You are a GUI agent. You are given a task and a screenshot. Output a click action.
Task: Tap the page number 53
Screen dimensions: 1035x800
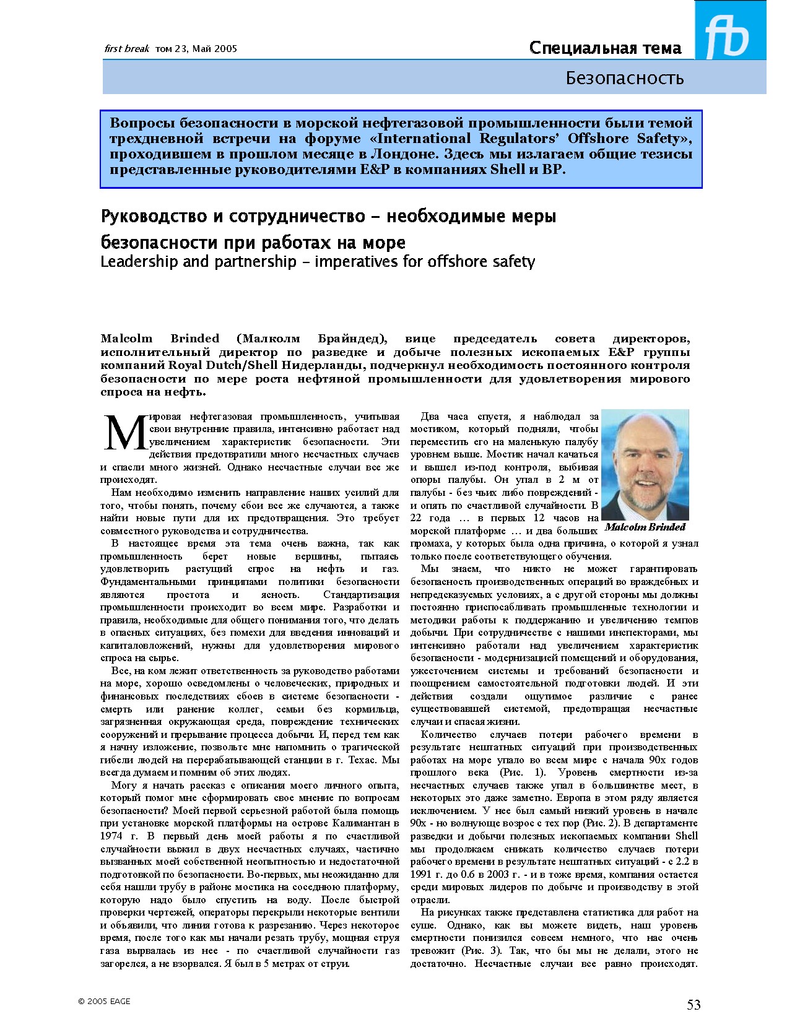click(x=693, y=1005)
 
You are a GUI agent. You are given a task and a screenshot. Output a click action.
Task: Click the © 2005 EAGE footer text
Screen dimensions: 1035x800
click(x=104, y=1001)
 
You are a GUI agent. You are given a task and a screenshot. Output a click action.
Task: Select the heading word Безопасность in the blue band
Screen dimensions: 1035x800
click(x=624, y=78)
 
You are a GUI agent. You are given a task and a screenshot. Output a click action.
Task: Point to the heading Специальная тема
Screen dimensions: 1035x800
click(x=605, y=48)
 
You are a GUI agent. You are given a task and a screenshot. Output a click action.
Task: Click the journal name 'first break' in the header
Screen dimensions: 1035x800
click(x=126, y=48)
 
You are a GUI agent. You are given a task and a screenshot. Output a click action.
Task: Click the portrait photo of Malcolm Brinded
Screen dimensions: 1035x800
click(x=645, y=464)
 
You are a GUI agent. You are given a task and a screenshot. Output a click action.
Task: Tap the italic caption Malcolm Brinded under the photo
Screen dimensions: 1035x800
click(x=645, y=527)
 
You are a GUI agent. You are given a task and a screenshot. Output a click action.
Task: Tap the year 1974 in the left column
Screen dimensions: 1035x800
click(x=111, y=836)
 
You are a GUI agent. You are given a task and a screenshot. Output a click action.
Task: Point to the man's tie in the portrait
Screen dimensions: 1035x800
click(x=640, y=513)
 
